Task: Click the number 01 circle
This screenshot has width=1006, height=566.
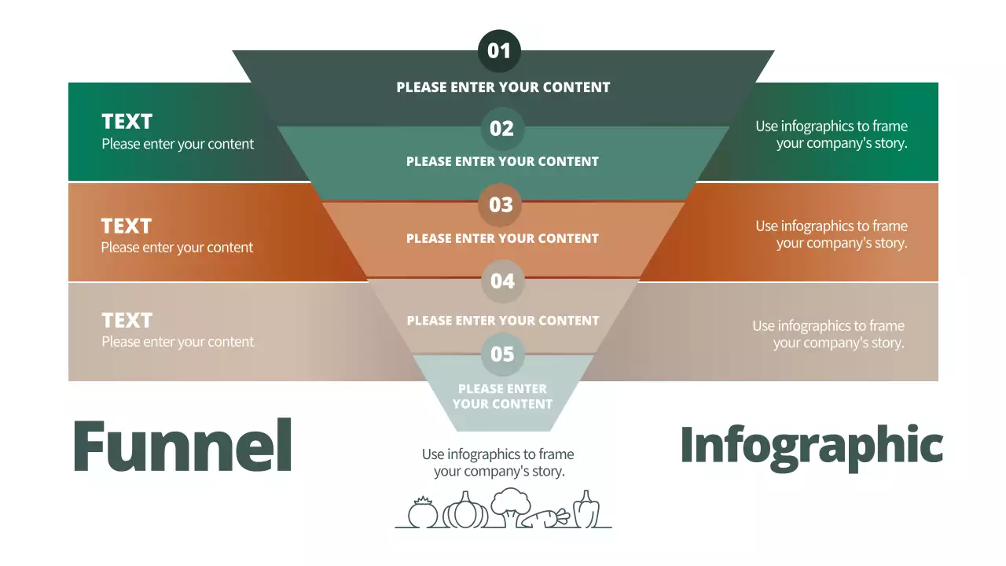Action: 499,51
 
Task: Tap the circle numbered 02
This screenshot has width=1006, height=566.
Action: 501,128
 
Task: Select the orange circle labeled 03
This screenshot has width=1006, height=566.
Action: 501,204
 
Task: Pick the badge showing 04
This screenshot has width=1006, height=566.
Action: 502,281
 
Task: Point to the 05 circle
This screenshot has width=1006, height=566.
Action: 502,354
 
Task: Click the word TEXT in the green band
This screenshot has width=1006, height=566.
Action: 127,122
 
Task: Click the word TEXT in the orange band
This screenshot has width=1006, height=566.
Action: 126,226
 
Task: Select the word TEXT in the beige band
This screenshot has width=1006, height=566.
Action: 127,321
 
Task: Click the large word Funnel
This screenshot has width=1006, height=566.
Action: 182,446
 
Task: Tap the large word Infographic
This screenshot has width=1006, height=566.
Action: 811,446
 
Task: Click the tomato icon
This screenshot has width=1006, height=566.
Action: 423,513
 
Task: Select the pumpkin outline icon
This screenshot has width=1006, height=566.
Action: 465,511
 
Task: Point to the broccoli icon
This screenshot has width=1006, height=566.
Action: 511,506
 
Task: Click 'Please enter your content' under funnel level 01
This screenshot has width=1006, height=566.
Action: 503,87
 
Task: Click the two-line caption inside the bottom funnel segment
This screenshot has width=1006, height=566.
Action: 502,396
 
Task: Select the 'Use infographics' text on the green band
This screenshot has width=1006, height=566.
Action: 832,134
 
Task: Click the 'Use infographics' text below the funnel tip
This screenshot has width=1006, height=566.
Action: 498,463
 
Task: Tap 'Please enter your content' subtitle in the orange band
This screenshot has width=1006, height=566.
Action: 177,248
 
